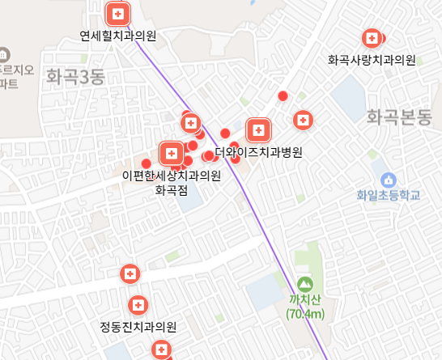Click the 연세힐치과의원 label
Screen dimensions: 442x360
pos(118,36)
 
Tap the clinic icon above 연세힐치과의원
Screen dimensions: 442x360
pos(118,14)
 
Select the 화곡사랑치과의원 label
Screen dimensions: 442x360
pos(372,60)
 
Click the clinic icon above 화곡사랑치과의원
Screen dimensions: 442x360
pos(372,38)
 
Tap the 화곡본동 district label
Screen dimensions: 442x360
pos(400,116)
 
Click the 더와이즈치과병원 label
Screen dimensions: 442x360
pos(258,151)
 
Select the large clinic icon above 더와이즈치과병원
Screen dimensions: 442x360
pos(258,129)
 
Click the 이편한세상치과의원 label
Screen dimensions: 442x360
pos(171,176)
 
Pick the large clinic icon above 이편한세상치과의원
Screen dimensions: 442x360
pos(172,152)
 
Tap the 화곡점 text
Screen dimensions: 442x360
pos(171,191)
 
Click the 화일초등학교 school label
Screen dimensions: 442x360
pos(389,195)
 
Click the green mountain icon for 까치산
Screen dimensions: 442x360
pos(304,285)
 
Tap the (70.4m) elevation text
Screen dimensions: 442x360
pos(304,314)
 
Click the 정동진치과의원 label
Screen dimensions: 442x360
pos(138,328)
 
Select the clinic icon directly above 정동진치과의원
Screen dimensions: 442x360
pos(138,306)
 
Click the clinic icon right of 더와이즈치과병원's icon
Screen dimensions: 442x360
pos(303,121)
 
